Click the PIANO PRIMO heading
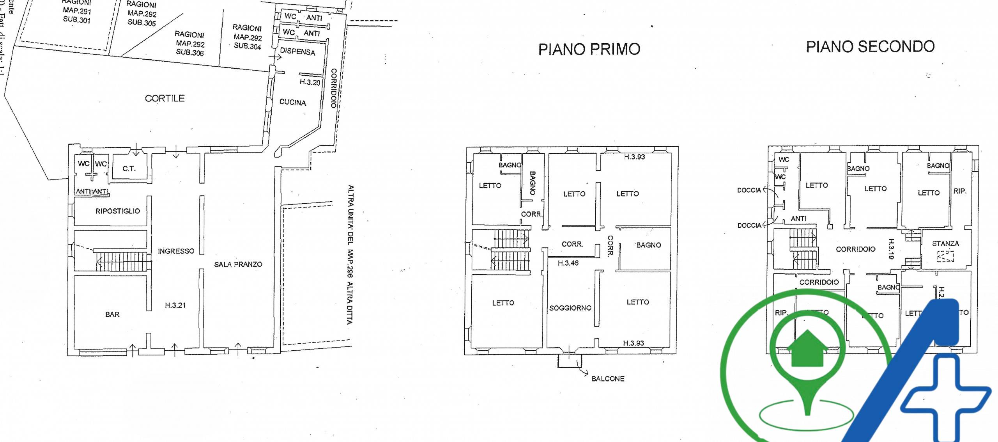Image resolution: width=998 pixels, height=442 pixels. click(589, 50)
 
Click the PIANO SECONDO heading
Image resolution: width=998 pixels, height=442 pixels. click(870, 47)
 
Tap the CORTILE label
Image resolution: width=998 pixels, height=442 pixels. click(165, 98)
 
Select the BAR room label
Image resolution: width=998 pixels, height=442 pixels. click(112, 314)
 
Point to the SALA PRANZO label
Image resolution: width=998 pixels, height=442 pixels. click(238, 264)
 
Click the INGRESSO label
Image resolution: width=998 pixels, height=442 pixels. click(176, 251)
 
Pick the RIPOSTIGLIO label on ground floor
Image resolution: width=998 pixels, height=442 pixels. click(118, 211)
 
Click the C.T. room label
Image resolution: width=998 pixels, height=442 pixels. click(129, 169)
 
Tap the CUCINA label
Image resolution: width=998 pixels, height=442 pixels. click(293, 103)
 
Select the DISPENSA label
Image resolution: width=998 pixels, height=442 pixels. click(297, 52)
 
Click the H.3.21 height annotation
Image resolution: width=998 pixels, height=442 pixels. click(175, 305)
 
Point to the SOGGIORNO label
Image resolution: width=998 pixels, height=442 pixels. click(570, 308)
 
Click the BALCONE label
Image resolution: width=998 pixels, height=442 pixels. click(608, 379)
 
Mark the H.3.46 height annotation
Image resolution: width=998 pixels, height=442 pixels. click(568, 263)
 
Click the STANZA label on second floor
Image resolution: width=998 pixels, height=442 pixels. click(945, 244)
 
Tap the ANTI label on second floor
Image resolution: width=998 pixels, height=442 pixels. click(798, 219)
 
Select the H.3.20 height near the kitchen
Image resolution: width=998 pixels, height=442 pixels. click(310, 82)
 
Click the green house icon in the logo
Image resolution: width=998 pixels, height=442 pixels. click(807, 349)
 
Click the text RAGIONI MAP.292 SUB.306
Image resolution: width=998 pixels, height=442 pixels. click(190, 44)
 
